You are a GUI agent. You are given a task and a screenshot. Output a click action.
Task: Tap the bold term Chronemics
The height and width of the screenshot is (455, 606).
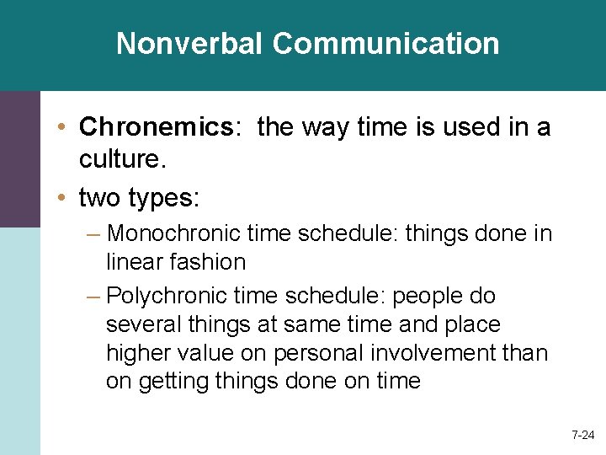click(x=155, y=127)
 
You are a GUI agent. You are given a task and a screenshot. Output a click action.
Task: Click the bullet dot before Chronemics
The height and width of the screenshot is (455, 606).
click(x=64, y=128)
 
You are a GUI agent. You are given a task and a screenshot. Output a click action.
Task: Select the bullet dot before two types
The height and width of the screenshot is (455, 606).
click(x=64, y=199)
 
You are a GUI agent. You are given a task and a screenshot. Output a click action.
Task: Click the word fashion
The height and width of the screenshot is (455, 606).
click(x=205, y=262)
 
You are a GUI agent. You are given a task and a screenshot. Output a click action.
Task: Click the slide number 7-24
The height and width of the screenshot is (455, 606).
click(x=582, y=436)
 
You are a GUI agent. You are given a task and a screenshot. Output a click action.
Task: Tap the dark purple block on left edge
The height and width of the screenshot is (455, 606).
click(x=19, y=158)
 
